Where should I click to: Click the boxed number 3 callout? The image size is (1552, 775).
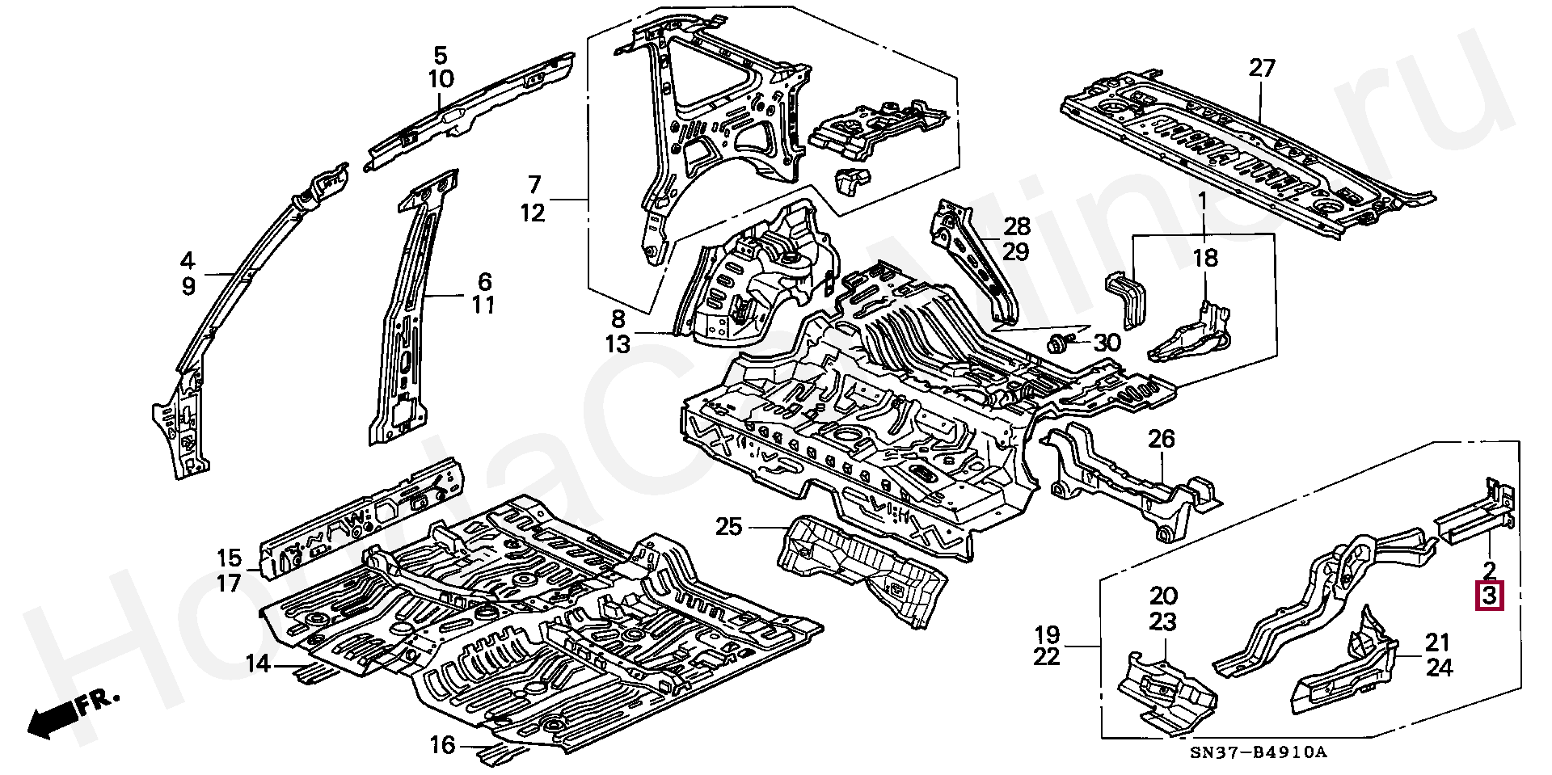pyautogui.click(x=1490, y=597)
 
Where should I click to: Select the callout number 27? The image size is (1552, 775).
pyautogui.click(x=1261, y=68)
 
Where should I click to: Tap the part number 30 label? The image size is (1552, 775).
pyautogui.click(x=1107, y=343)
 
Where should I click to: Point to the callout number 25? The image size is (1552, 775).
pyautogui.click(x=728, y=527)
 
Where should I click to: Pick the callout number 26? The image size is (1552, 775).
pyautogui.click(x=1162, y=440)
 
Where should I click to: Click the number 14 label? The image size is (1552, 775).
pyautogui.click(x=258, y=664)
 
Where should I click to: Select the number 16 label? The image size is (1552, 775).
pyautogui.click(x=443, y=745)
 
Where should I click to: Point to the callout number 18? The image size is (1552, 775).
pyautogui.click(x=1204, y=259)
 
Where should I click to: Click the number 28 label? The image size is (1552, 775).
pyautogui.click(x=1017, y=226)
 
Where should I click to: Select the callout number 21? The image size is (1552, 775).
pyautogui.click(x=1438, y=643)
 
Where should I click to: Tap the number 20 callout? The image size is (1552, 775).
pyautogui.click(x=1163, y=596)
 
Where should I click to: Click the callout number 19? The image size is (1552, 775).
pyautogui.click(x=1047, y=634)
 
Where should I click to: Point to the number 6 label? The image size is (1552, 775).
pyautogui.click(x=484, y=281)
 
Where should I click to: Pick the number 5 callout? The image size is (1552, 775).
pyautogui.click(x=440, y=56)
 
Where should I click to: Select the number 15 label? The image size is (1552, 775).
pyautogui.click(x=229, y=558)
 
